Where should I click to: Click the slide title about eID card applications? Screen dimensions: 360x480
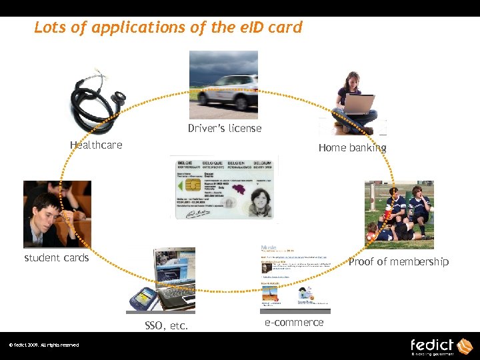168,27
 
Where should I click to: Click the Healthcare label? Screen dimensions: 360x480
96,145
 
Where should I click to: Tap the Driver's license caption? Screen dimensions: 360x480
225,128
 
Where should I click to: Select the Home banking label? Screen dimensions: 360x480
352,147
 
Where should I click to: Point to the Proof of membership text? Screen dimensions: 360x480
399,261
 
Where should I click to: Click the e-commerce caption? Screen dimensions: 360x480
294,322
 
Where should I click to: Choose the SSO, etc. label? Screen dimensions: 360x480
166,326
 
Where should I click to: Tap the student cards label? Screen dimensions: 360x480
57,257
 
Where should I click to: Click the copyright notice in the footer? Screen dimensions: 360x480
43,345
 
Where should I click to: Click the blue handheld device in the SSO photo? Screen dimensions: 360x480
142,297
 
